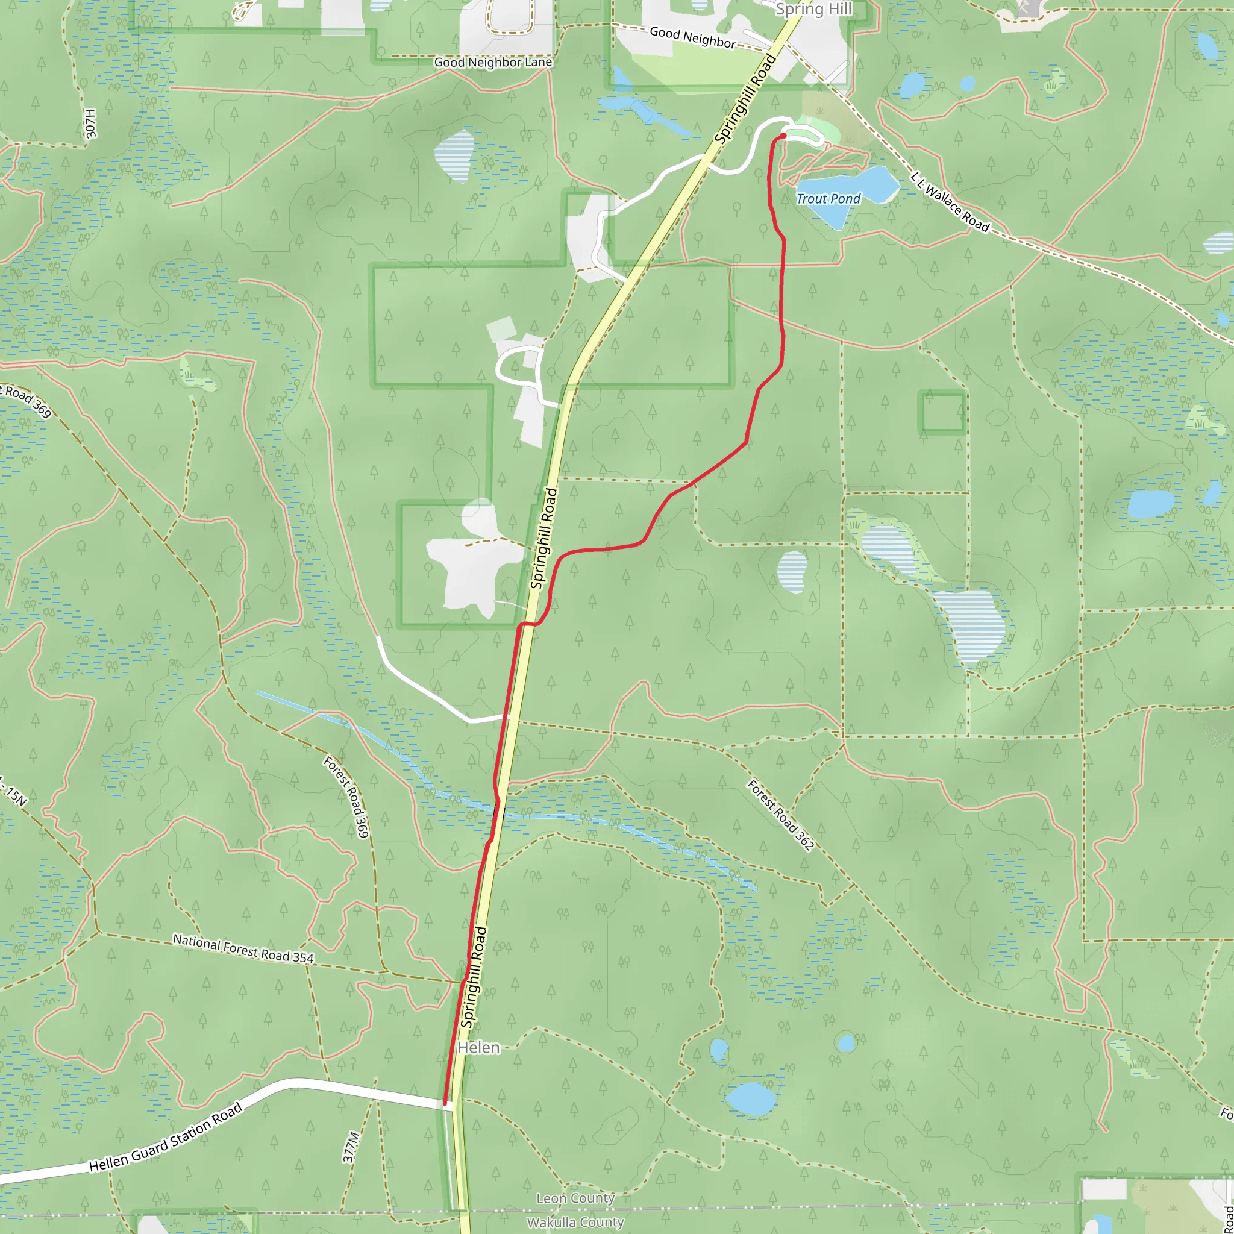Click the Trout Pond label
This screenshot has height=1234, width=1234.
(828, 199)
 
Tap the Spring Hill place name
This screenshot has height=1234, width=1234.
(813, 9)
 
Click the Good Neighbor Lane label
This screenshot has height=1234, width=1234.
(492, 63)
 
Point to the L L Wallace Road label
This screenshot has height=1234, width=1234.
(949, 202)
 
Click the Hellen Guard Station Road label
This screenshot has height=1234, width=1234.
(166, 1138)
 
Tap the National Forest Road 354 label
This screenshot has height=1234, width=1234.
(243, 948)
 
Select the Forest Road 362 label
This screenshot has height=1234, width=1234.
(780, 815)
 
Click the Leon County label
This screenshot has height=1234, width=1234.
(575, 1198)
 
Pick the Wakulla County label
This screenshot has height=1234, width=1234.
(575, 1222)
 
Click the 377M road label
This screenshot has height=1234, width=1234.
(351, 1147)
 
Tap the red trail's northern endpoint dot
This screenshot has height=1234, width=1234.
(783, 136)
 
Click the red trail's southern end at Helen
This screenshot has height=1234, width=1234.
(445, 1103)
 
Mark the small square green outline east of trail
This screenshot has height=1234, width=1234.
(942, 413)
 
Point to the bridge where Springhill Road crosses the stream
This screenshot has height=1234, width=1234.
(500, 815)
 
